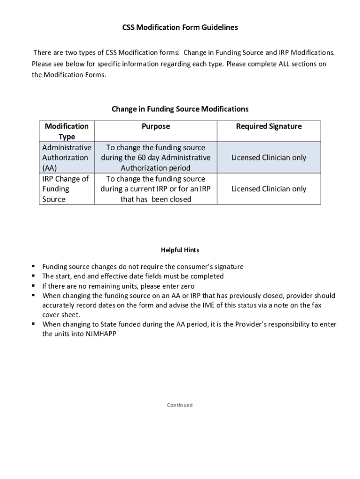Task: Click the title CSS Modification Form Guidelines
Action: (x=180, y=28)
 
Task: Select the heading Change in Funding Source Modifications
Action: (x=180, y=109)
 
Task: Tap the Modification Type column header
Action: (x=66, y=131)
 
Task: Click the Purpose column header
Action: (x=156, y=126)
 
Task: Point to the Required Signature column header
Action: (x=269, y=126)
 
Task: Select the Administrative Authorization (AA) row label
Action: (x=66, y=158)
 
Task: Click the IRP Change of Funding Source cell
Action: (x=65, y=189)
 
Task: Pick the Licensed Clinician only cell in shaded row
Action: (x=269, y=158)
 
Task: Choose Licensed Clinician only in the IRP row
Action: (x=269, y=189)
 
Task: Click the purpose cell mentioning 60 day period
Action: (x=156, y=158)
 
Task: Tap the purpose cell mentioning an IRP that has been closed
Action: (x=156, y=189)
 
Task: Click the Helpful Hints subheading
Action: (x=180, y=250)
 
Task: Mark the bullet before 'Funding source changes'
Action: (x=34, y=266)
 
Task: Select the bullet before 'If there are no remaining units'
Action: (x=34, y=285)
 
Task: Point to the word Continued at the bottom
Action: (x=180, y=405)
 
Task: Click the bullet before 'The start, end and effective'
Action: (x=34, y=276)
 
